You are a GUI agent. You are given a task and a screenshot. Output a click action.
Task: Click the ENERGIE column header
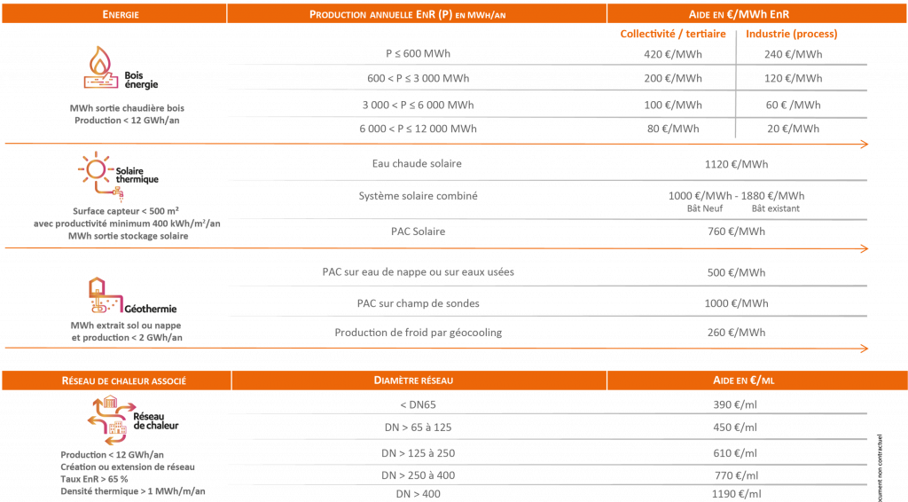click(x=120, y=15)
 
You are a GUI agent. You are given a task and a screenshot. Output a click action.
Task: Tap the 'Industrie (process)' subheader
click(x=792, y=35)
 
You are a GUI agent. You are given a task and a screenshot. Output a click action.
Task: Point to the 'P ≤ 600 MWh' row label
click(x=417, y=54)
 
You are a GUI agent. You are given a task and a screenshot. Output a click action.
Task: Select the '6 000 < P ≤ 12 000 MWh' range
click(x=417, y=129)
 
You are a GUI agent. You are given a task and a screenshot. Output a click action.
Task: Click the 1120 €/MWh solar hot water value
click(x=735, y=164)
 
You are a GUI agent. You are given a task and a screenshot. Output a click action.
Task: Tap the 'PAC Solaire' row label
click(x=417, y=231)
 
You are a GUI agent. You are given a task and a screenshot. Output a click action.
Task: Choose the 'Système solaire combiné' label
click(x=417, y=196)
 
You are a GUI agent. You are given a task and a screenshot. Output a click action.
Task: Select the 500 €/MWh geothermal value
click(x=735, y=272)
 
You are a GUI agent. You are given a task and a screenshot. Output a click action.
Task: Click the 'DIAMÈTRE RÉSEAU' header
click(x=417, y=380)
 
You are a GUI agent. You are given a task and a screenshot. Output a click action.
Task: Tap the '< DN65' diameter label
click(x=417, y=404)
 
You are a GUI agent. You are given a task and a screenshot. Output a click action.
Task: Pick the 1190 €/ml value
click(x=735, y=494)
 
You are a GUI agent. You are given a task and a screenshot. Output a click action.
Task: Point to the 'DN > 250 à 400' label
click(x=417, y=475)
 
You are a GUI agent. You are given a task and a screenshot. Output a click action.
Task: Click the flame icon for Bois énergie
click(x=99, y=68)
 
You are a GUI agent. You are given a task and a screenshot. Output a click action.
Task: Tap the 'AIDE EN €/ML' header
click(x=735, y=380)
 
